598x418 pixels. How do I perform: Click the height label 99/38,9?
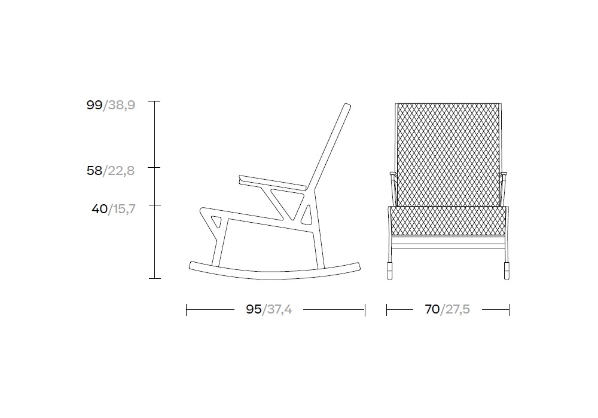pyautogui.click(x=111, y=105)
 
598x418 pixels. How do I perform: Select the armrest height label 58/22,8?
pyautogui.click(x=111, y=171)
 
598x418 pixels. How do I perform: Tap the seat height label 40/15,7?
pyautogui.click(x=113, y=209)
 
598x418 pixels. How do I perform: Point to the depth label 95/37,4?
pyautogui.click(x=269, y=309)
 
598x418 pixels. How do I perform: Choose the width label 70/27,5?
pyautogui.click(x=447, y=309)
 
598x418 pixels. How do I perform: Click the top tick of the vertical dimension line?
pyautogui.click(x=154, y=102)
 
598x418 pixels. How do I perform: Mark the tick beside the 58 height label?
pyautogui.click(x=154, y=168)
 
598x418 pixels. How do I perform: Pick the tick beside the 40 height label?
pyautogui.click(x=154, y=205)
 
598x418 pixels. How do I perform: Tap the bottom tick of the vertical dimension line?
pyautogui.click(x=154, y=279)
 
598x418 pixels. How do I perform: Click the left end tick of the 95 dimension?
pyautogui.click(x=186, y=310)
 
